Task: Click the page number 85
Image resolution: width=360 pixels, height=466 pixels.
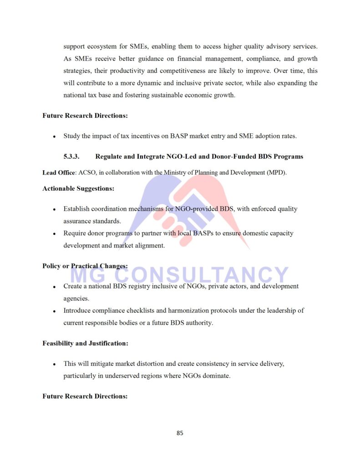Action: [180, 433]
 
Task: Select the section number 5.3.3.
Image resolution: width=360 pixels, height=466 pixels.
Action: [71, 157]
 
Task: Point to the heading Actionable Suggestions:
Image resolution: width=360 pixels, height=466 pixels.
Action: [78, 188]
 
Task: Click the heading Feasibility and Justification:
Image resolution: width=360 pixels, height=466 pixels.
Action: [85, 344]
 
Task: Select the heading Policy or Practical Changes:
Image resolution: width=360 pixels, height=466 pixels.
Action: [85, 266]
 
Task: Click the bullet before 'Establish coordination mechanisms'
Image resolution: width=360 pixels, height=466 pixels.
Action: [54, 209]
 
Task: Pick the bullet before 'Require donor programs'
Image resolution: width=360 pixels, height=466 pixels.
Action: [54, 234]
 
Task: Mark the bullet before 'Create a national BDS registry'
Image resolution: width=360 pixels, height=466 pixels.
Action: [54, 287]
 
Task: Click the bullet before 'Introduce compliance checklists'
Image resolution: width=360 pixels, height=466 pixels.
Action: [54, 311]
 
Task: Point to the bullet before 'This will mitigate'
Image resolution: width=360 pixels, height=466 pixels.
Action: [54, 365]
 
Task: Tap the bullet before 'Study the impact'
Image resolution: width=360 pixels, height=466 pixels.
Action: [54, 136]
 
